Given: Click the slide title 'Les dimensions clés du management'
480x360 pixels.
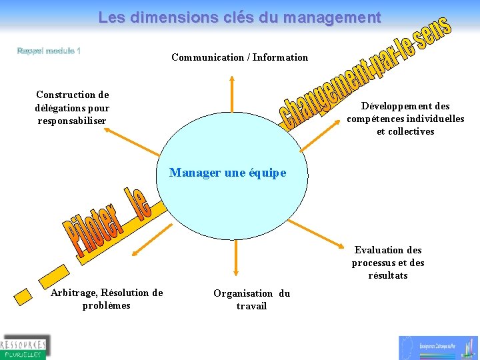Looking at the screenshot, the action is tap(239, 17).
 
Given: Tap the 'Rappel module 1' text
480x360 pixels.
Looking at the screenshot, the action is tap(49, 51).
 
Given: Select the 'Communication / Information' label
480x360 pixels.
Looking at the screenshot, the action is tap(239, 57).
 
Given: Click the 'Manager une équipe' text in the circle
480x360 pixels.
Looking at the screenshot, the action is tap(227, 173).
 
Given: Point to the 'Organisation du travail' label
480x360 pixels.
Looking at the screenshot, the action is tap(251, 299).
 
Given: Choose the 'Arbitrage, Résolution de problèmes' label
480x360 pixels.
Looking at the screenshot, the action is tap(107, 299).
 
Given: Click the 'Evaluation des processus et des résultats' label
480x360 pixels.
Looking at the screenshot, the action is tap(388, 263).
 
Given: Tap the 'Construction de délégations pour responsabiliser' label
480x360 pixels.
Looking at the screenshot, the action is tap(72, 107).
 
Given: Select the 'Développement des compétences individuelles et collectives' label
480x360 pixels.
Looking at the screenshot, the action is tap(405, 119).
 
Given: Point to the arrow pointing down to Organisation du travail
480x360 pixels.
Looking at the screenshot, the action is tap(236, 256).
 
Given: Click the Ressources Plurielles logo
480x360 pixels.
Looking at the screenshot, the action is tap(25, 346).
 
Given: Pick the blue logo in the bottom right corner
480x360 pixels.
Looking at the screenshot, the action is tap(439, 347).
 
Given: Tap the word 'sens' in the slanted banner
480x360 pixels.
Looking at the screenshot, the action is tap(433, 31).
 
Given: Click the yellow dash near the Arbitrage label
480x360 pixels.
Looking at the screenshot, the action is tap(25, 293).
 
